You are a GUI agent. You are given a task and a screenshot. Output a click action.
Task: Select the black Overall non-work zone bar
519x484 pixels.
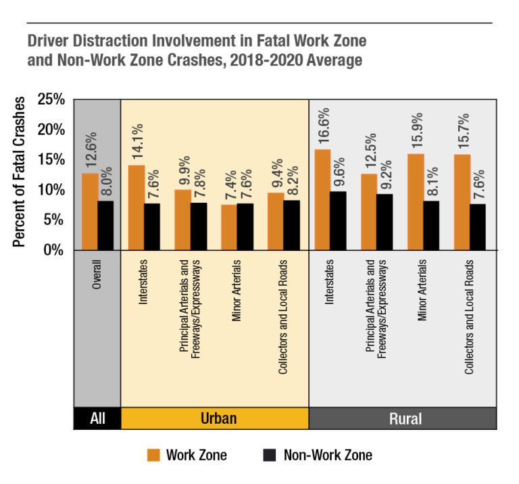pos(105,225)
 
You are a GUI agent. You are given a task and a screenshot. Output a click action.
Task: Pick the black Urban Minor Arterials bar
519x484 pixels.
pos(245,226)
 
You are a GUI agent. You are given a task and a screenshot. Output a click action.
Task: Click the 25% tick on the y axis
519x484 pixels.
pos(51,99)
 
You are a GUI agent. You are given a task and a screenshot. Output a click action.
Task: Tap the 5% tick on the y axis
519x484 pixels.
pos(54,220)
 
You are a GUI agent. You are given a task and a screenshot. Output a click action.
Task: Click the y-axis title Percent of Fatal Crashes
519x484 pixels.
pos(20,172)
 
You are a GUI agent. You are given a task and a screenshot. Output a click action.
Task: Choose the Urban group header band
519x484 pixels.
pos(214,418)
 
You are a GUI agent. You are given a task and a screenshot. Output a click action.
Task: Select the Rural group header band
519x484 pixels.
pos(403,418)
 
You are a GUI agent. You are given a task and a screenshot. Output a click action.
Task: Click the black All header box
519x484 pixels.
pos(97,418)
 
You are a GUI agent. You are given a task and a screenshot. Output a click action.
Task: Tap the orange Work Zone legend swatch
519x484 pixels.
pos(152,454)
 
